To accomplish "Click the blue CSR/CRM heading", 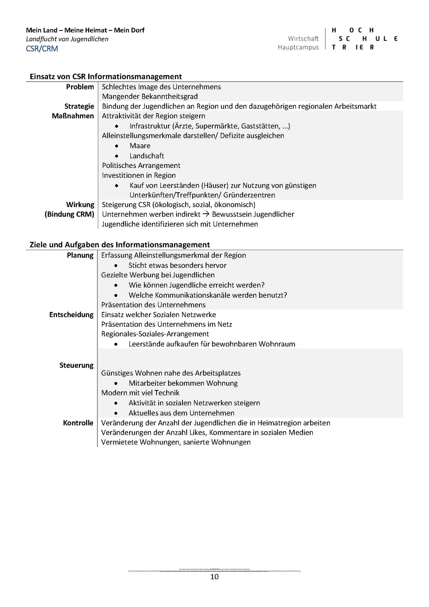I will click(42, 49).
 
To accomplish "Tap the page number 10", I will click(214, 577).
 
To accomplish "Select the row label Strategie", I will click(79, 106).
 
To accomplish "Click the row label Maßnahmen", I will click(73, 116).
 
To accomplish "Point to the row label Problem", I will click(80, 87).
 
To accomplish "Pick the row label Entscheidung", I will click(71, 315).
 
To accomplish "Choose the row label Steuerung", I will click(76, 365).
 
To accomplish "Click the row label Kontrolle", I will click(78, 423).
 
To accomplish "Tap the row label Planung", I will click(80, 255).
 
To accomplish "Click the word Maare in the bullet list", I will click(140, 146).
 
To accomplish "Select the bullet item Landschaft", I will click(147, 156).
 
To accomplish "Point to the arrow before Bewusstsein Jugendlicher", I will click(206, 214).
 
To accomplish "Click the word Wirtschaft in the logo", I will click(303, 39).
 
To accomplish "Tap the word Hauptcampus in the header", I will click(298, 47).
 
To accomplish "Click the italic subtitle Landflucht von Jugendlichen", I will click(67, 39).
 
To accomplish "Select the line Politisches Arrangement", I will click(141, 165).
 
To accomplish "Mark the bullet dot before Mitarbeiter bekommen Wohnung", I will click(116, 383).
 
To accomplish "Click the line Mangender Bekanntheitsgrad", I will click(150, 97).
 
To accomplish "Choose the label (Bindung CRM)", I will click(69, 214).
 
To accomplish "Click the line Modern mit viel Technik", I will click(140, 393).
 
